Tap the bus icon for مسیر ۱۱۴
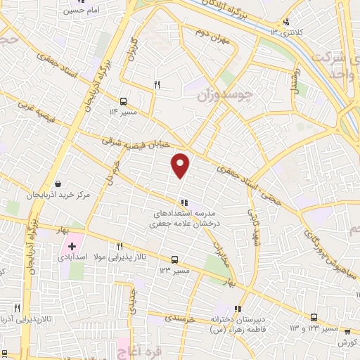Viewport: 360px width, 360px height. [x=124, y=101]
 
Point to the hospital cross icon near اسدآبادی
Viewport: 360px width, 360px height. [x=72, y=246]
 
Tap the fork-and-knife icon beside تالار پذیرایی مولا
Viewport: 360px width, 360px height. [x=120, y=246]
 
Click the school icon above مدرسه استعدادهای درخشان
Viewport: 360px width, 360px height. [x=184, y=203]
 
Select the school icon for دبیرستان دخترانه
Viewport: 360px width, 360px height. [x=238, y=308]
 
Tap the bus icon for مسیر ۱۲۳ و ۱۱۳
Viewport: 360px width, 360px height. [x=314, y=317]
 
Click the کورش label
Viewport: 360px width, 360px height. [x=344, y=342]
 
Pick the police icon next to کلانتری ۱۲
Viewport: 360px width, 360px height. [x=285, y=22]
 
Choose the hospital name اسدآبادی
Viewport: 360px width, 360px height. [x=92, y=257]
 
